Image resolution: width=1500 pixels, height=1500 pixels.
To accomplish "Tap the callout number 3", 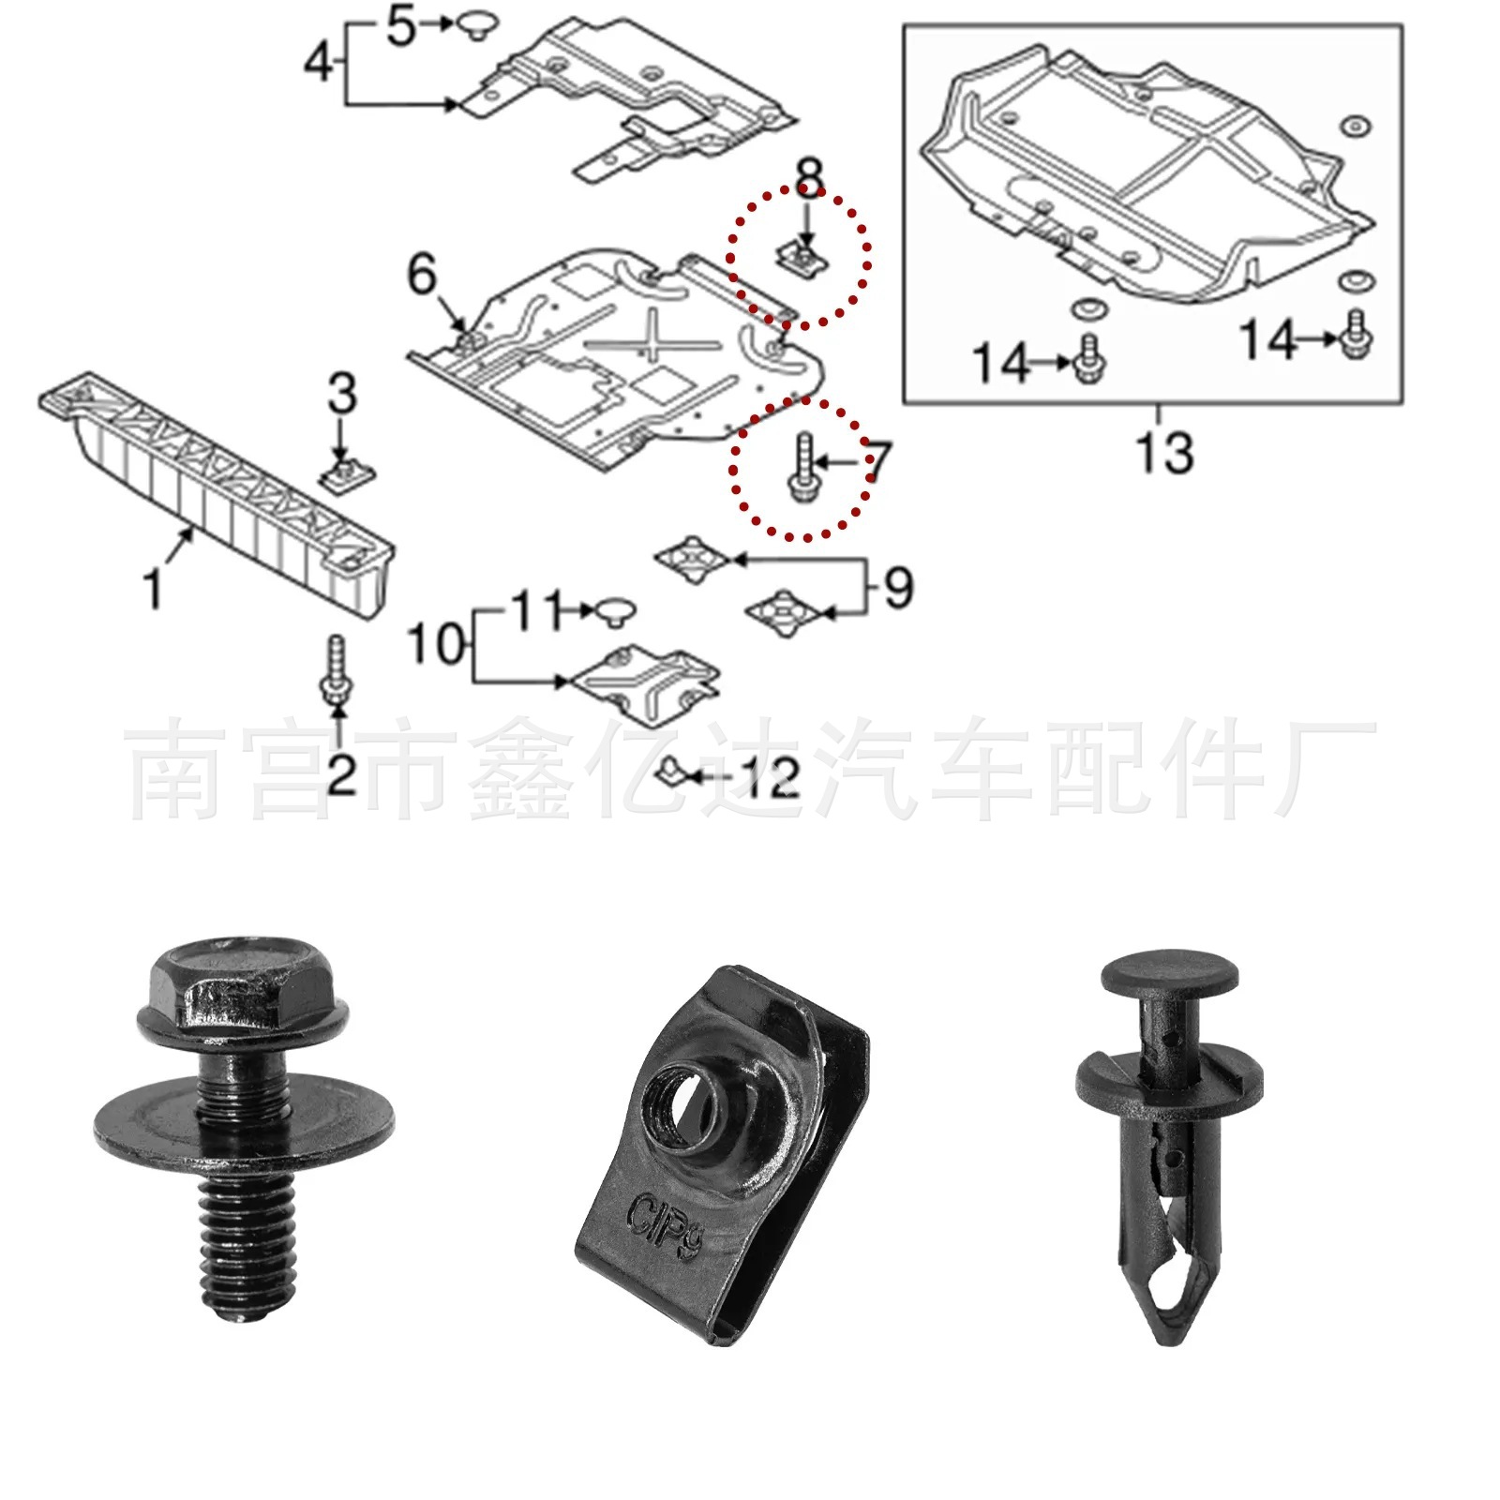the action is point(342,393).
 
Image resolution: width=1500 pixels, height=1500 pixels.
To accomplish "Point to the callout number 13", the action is point(1165,453).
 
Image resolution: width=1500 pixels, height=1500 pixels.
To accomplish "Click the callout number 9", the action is point(897,588).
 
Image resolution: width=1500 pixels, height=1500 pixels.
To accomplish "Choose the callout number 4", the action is point(320,63).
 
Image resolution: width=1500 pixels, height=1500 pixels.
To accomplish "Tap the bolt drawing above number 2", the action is point(336,669).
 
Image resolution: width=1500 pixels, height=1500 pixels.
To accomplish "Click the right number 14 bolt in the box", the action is point(1357,335).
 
